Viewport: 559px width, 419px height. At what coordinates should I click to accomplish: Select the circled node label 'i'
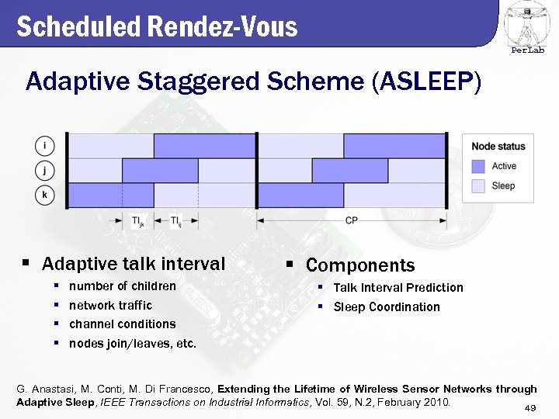coord(45,146)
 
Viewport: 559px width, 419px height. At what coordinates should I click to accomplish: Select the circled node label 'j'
coord(45,170)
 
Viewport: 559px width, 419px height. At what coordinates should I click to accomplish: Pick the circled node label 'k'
coord(45,194)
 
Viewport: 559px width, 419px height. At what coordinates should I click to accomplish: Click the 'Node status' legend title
coord(498,146)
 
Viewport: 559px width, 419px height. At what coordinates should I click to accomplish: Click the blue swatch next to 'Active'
coord(478,166)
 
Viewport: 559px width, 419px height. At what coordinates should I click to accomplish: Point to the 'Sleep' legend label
coord(503,186)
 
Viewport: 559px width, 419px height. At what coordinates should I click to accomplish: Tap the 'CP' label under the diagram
coord(351,221)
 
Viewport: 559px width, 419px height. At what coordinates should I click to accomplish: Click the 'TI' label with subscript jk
coord(137,222)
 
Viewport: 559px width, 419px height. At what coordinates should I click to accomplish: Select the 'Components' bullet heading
coord(360,265)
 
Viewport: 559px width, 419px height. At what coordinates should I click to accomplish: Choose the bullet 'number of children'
coord(123,286)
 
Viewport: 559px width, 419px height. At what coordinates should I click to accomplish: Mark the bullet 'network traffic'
coord(110,305)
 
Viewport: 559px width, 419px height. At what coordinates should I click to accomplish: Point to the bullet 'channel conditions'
coord(123,324)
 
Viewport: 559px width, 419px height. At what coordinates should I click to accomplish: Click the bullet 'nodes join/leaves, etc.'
coord(133,343)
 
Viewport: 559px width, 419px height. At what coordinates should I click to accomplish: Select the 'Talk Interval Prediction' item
coord(398,288)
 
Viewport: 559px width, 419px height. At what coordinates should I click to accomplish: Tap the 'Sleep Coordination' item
coord(387,307)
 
